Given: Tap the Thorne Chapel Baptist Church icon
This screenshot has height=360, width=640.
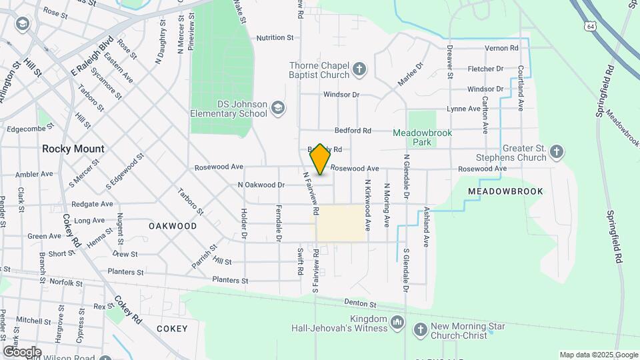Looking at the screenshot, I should (359, 69).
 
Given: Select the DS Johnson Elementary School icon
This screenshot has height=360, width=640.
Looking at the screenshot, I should (277, 108).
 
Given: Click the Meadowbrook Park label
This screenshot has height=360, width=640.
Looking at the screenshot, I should (422, 137).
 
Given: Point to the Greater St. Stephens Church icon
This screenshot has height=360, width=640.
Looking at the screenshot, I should (557, 152).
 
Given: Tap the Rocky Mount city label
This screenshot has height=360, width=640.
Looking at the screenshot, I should (73, 149).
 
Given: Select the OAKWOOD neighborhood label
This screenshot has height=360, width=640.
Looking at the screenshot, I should (173, 226).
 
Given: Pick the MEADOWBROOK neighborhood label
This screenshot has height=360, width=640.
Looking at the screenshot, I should (505, 191).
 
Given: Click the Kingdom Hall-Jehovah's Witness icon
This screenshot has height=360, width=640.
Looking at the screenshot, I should (397, 323).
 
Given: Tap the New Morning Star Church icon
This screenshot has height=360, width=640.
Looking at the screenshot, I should (420, 329).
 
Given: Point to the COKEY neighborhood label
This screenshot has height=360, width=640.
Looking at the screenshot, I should (172, 329).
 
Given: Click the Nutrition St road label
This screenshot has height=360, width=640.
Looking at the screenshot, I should (275, 38).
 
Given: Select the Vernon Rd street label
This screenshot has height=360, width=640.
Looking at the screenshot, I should (501, 48).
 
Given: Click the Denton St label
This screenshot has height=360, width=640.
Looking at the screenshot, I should (360, 305).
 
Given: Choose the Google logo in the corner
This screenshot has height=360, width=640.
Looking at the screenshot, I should (22, 351).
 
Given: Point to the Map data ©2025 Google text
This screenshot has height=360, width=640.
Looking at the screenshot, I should (598, 355).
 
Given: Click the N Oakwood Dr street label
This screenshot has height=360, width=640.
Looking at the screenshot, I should (261, 185).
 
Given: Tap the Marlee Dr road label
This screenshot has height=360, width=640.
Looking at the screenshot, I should (411, 73).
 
